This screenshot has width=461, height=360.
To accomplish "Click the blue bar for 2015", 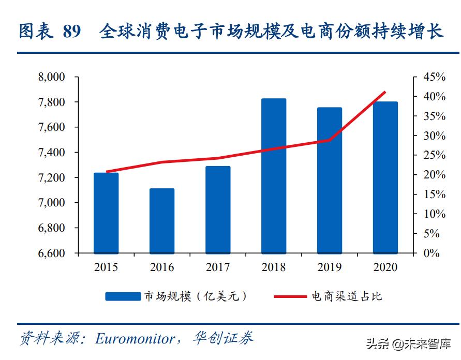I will [x=106, y=213].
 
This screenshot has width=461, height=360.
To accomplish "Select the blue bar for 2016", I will [x=162, y=221].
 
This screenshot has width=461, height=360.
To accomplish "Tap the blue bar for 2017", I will [x=218, y=209].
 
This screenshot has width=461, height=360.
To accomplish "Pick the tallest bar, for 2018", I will [x=274, y=176].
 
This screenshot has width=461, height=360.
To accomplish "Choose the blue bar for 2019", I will [x=330, y=181].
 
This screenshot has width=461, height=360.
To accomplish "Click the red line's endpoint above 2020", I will [x=385, y=92].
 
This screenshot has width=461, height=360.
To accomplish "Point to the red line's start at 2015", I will [x=107, y=172].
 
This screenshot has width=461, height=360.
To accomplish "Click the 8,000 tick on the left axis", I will [x=51, y=77].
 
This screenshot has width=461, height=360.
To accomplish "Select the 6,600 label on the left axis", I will [x=51, y=253].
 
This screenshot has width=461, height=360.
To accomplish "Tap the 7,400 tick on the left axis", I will [x=51, y=153].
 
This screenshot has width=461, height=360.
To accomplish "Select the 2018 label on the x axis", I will [x=274, y=267].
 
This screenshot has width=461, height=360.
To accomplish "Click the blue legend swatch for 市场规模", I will [x=123, y=296].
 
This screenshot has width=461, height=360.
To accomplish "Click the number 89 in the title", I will [x=72, y=32].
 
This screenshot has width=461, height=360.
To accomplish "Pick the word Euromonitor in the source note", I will [x=135, y=339].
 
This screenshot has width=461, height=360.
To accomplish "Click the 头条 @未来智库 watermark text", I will [x=408, y=344].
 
